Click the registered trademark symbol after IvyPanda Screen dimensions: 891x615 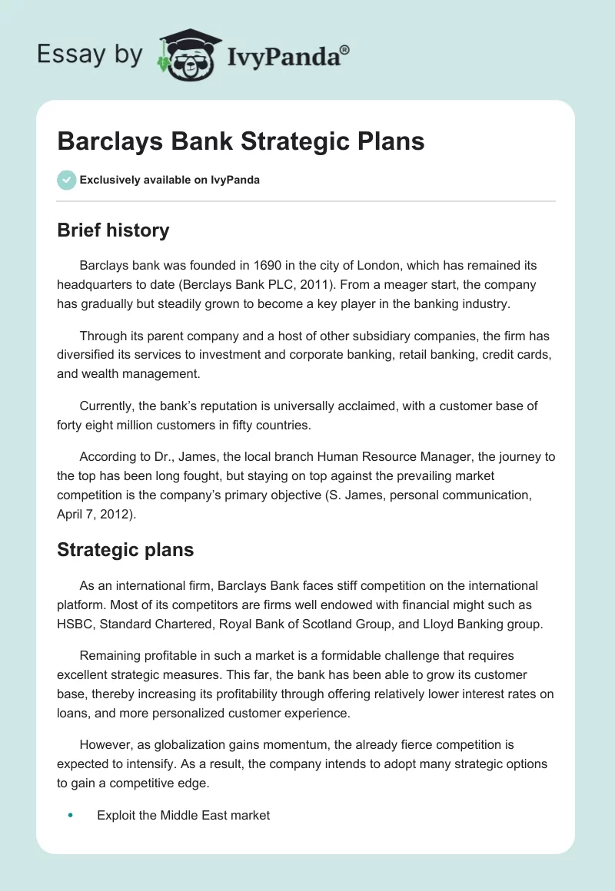point(344,50)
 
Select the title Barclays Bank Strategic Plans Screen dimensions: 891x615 point(241,142)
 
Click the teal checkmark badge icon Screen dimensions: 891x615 point(66,180)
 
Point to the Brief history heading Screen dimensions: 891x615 point(113,230)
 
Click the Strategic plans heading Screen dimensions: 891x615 point(125,550)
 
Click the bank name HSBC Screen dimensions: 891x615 point(75,624)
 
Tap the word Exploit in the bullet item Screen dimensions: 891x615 point(117,815)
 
